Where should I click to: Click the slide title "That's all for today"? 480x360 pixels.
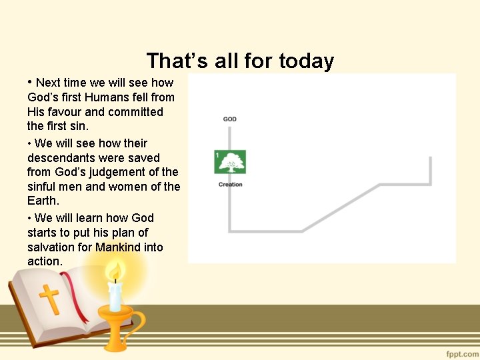click(x=240, y=61)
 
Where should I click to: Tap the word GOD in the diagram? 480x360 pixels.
click(x=229, y=119)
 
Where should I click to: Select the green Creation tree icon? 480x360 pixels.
click(x=231, y=162)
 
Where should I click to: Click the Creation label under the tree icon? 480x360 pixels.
click(x=231, y=185)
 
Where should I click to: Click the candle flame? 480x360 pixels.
click(x=115, y=271)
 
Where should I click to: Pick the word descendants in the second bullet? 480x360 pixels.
click(x=57, y=158)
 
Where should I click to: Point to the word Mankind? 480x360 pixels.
click(x=117, y=247)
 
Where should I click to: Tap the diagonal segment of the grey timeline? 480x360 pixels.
click(x=340, y=209)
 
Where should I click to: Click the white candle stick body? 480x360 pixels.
click(x=115, y=297)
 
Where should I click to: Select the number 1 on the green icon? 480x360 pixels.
click(x=217, y=155)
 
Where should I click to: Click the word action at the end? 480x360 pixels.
click(x=43, y=262)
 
